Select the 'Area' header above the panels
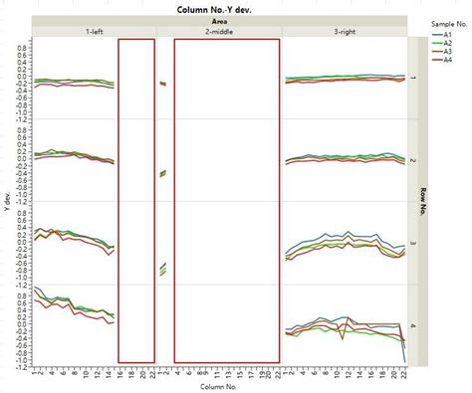(x=220, y=20)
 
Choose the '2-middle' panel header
(x=220, y=32)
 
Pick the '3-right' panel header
(x=345, y=32)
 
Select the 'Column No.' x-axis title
(x=220, y=386)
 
